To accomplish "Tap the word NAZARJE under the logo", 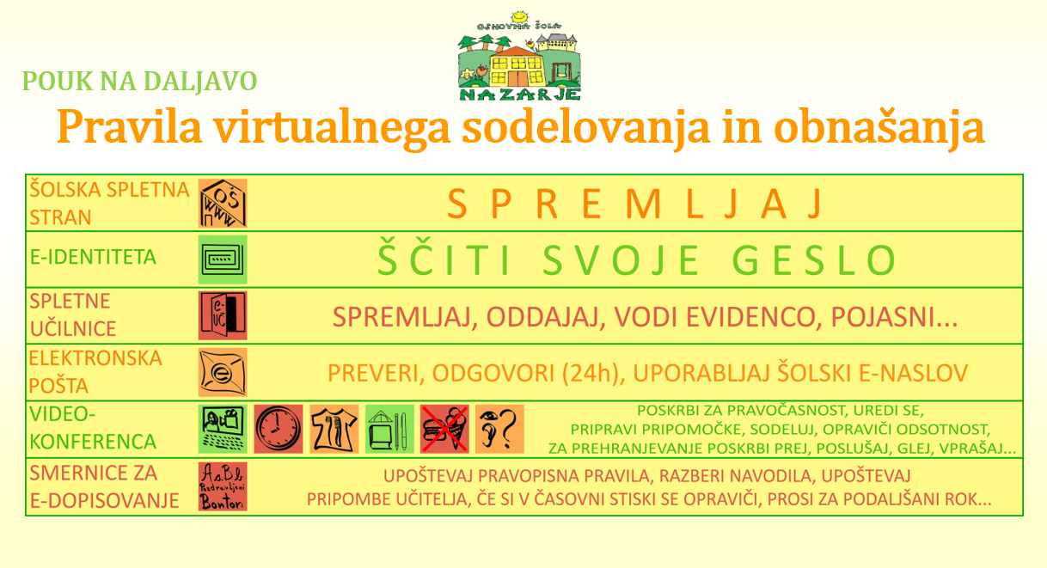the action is pos(520,95).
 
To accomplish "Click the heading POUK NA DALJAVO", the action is pos(140,82).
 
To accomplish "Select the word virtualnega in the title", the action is pos(332,127).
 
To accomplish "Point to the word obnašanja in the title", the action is pos(879,127).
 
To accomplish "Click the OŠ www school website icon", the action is pos(223,203).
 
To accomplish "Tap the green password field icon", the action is pos(223,260).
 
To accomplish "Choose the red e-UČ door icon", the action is pos(223,315).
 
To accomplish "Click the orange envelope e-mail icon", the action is pos(223,372).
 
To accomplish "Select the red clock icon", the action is pos(279,429).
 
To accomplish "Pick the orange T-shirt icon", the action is pos(334,429).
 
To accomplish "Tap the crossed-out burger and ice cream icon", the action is pos(444,429).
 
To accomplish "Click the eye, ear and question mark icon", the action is pos(499,429).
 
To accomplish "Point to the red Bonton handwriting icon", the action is pos(223,486).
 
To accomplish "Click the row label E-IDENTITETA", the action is pos(93,258).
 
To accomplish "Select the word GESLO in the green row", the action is pos(814,260).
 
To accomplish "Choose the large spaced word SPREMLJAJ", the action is pos(634,204).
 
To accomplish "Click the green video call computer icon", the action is pos(223,429).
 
